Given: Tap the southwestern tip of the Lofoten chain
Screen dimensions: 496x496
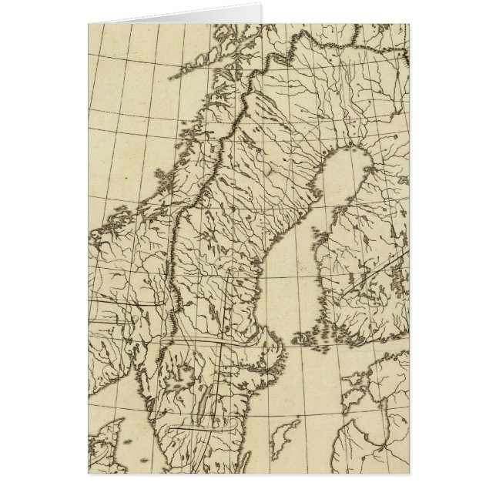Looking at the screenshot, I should click(x=182, y=76).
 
